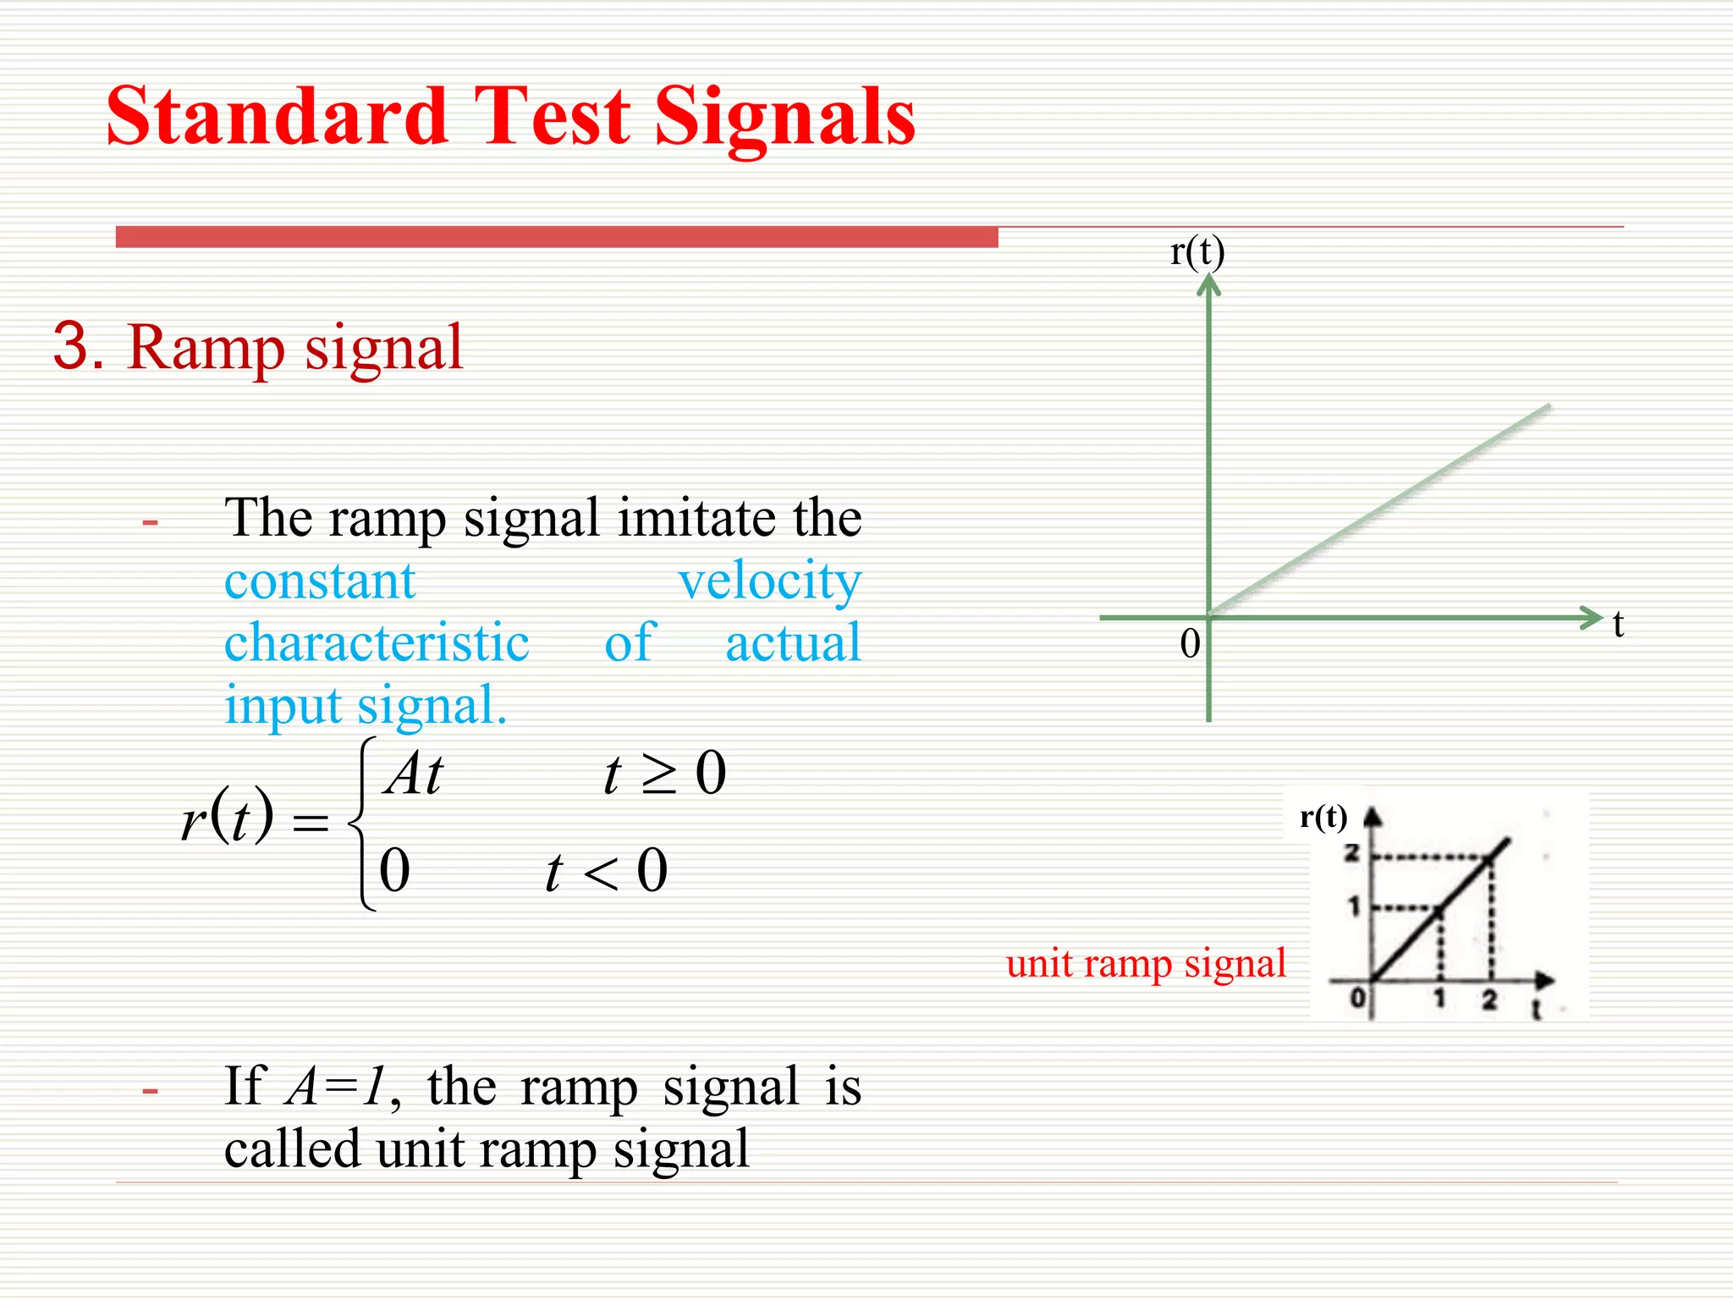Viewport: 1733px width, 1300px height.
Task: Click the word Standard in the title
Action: pyautogui.click(x=277, y=117)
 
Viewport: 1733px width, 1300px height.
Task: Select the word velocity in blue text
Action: pyautogui.click(x=769, y=582)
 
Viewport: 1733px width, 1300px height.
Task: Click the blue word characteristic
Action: pyautogui.click(x=377, y=643)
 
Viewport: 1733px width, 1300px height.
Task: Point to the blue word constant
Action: pyautogui.click(x=320, y=582)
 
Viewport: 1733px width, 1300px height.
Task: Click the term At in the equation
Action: pyautogui.click(x=413, y=774)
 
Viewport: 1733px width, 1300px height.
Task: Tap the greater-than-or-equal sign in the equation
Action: pyautogui.click(x=659, y=775)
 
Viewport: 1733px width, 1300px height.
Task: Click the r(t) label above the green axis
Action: pyautogui.click(x=1197, y=251)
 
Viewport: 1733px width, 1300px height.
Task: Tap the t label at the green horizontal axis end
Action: pyautogui.click(x=1618, y=625)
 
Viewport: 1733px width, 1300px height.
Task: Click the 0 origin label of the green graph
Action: pyautogui.click(x=1190, y=645)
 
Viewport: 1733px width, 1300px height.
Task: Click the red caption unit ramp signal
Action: pyautogui.click(x=1146, y=964)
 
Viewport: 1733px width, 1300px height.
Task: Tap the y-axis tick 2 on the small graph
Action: pyautogui.click(x=1351, y=853)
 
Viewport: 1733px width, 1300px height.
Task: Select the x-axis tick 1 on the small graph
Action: pyautogui.click(x=1439, y=1000)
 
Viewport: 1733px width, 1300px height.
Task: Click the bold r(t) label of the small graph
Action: pyautogui.click(x=1323, y=818)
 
